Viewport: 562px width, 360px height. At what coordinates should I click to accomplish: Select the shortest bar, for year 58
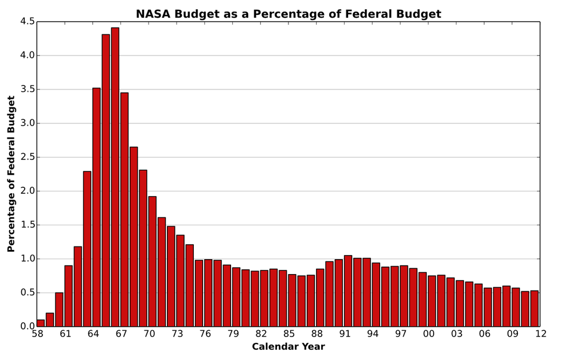coord(41,323)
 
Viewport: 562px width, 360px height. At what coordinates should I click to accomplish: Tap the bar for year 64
coord(96,207)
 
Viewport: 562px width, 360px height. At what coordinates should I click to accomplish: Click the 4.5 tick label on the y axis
coord(28,22)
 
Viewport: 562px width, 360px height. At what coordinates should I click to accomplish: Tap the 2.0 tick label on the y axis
coord(28,191)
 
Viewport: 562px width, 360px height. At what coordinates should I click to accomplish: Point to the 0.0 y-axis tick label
coord(28,327)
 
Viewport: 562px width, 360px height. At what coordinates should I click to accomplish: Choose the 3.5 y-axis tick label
coord(28,89)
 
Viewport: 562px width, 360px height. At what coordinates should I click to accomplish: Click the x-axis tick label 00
coord(429,334)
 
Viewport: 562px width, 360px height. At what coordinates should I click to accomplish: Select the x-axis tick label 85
coord(289,334)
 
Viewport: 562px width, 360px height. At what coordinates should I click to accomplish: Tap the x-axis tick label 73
coord(177,334)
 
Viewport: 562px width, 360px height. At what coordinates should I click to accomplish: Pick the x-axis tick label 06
coord(485,334)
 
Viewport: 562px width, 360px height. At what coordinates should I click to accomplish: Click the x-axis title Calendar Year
coord(288,347)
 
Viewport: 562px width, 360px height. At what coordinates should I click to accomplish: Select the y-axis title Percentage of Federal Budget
coord(11,174)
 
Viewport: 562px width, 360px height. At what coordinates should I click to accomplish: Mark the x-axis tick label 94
coord(373,334)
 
